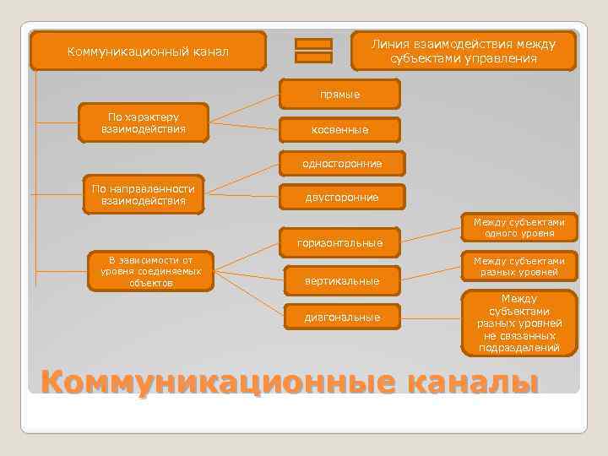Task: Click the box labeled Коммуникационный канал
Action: [148, 52]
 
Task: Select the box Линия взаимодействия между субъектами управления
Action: [464, 51]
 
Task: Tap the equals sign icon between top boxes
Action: [313, 51]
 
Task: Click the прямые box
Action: [340, 95]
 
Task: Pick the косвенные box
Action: [340, 130]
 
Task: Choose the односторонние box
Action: [343, 163]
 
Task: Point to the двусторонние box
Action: [342, 197]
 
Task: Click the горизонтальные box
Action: [339, 243]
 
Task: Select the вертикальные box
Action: [342, 280]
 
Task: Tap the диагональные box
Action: [342, 317]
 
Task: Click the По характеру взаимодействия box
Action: [144, 122]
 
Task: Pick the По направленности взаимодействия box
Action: [144, 194]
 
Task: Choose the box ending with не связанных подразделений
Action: [518, 323]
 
